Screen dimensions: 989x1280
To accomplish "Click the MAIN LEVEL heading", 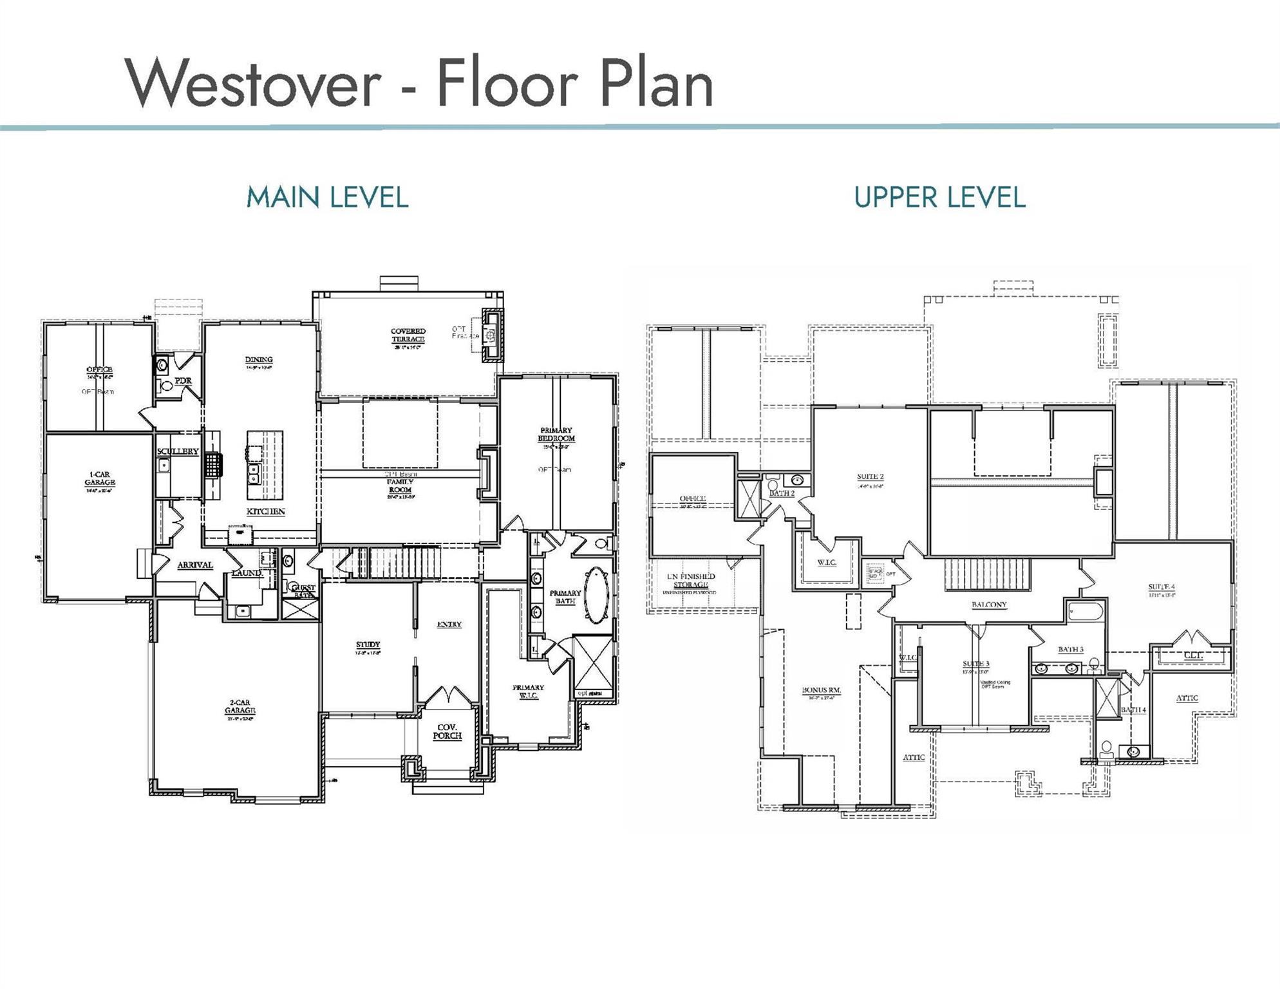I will click(327, 197).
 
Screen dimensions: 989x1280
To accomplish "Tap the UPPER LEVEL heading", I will click(939, 197).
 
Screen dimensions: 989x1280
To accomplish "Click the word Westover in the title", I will click(253, 84).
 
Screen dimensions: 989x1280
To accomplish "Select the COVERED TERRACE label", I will click(408, 335).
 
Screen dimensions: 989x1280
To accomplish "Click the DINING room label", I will click(259, 360).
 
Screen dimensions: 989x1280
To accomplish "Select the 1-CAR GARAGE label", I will click(100, 478).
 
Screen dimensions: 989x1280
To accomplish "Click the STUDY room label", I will click(368, 645).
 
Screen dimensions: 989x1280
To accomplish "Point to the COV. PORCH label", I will click(447, 731).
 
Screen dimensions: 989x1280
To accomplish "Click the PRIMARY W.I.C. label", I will click(528, 692).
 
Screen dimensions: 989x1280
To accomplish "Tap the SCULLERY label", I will click(178, 451).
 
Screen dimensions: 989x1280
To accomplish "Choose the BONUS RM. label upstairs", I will click(821, 690).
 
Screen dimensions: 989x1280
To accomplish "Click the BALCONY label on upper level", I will click(989, 605).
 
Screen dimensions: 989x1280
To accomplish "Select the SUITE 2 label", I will click(870, 477).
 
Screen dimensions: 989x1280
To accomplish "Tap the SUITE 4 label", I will click(1162, 587).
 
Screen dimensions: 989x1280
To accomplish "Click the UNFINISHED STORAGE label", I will click(690, 580).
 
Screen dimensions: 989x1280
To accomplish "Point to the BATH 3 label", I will click(1071, 649).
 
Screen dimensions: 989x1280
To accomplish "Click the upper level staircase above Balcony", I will click(987, 574).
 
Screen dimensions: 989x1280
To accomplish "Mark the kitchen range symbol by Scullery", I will click(213, 464).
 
